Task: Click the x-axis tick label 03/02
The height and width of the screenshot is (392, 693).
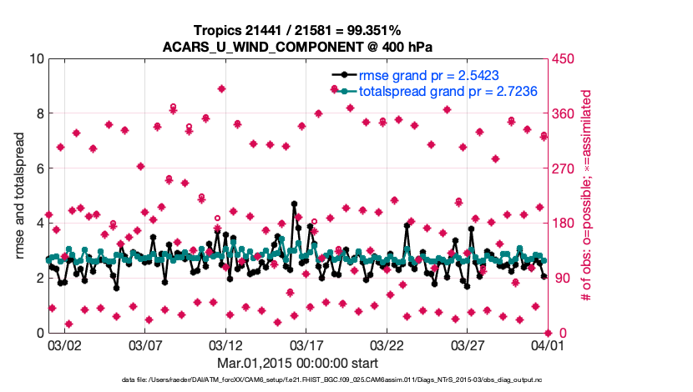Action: pyautogui.click(x=64, y=344)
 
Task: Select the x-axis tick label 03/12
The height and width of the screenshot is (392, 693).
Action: pyautogui.click(x=225, y=344)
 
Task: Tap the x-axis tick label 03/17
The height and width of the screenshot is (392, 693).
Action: pyautogui.click(x=306, y=344)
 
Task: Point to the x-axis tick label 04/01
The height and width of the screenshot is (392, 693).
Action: pyautogui.click(x=548, y=344)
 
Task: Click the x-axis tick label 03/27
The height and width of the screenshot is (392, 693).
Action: pyautogui.click(x=468, y=344)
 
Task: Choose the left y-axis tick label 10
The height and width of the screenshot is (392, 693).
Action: pyautogui.click(x=36, y=58)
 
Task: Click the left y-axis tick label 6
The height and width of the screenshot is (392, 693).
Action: pyautogui.click(x=40, y=168)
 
